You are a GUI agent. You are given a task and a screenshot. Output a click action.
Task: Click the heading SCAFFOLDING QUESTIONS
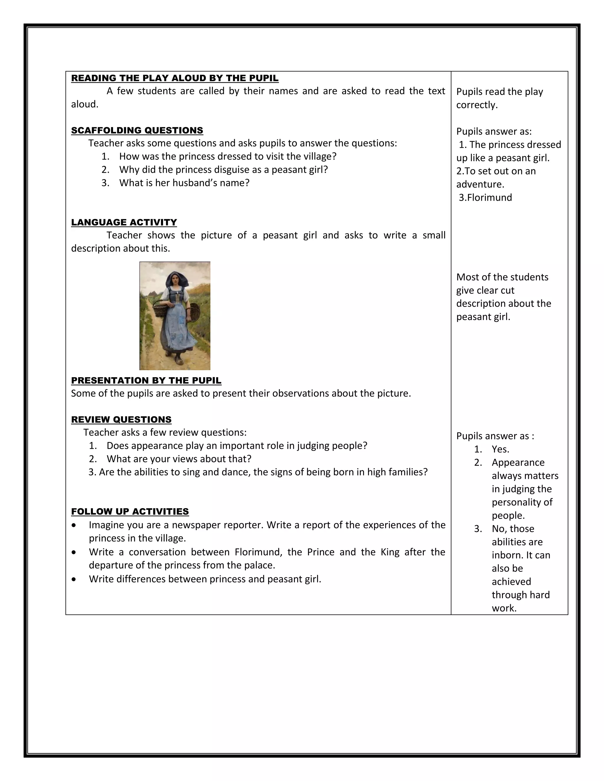(x=137, y=131)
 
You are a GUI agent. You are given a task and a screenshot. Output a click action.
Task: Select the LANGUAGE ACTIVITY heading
(x=124, y=223)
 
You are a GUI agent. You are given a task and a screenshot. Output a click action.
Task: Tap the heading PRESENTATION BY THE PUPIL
(x=146, y=380)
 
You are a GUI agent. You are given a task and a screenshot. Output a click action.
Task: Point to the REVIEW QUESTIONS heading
(x=121, y=419)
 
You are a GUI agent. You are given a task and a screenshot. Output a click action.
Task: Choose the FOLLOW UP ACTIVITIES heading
(x=130, y=512)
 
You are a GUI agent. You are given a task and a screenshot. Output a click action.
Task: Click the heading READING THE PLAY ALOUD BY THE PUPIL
(x=175, y=78)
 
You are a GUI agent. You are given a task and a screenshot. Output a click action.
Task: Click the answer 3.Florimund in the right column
(x=485, y=197)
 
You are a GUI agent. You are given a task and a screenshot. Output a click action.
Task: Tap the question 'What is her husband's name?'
(x=184, y=183)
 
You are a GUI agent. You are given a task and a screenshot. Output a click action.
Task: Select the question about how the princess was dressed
(x=228, y=156)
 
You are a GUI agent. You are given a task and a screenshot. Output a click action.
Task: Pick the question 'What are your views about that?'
(x=179, y=459)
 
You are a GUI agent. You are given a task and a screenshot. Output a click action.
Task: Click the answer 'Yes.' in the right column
(x=500, y=449)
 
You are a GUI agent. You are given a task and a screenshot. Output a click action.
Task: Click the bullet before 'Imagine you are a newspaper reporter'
(x=74, y=525)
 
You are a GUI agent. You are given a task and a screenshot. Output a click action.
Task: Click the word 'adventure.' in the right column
(x=480, y=184)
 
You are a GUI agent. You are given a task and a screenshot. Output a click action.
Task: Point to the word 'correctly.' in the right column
(x=477, y=105)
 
